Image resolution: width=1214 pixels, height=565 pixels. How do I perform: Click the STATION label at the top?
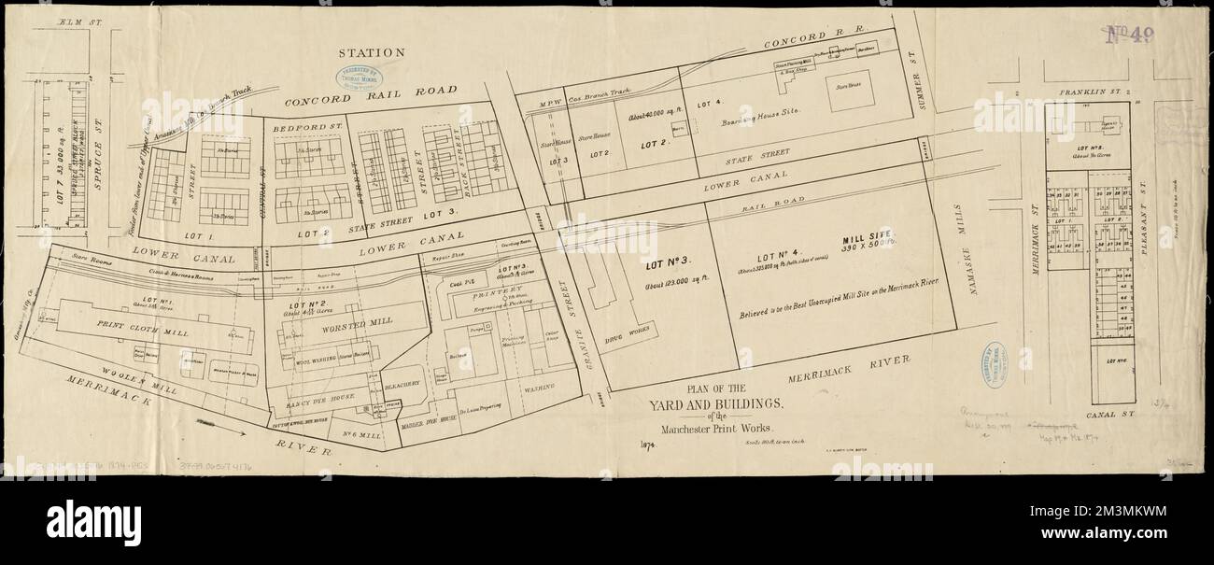371,53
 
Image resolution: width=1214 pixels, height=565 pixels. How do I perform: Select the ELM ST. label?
57,20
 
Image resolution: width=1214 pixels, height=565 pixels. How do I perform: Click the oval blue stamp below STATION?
359,77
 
